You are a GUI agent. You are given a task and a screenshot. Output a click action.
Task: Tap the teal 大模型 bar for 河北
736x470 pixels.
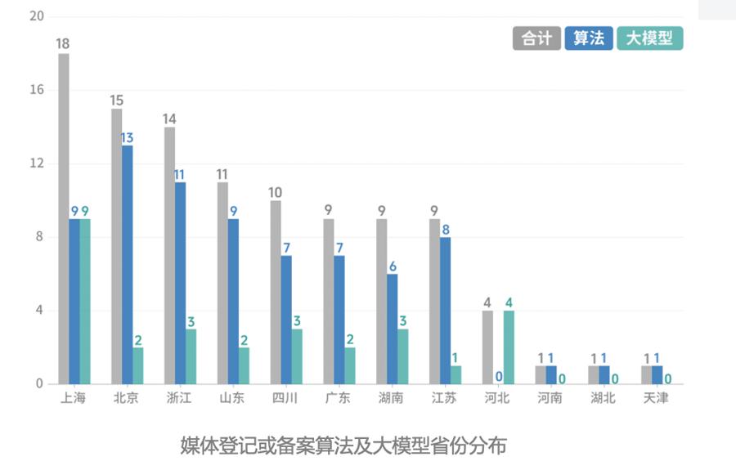[x=509, y=347]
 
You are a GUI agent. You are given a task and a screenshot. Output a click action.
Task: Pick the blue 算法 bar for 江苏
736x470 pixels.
[x=445, y=311]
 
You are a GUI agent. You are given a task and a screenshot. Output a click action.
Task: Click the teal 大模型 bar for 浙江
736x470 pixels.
[x=191, y=356]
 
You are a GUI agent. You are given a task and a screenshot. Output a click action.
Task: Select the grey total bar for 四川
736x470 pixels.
[x=276, y=292]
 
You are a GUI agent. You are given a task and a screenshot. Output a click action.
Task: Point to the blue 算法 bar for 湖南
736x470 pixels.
[x=392, y=329]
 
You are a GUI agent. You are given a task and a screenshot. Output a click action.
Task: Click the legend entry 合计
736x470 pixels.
[x=536, y=38]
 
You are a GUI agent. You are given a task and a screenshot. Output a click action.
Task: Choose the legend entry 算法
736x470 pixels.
[x=588, y=38]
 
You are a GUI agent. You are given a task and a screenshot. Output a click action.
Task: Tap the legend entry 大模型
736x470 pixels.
[x=649, y=38]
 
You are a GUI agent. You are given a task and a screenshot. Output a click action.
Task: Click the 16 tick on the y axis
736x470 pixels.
[x=37, y=90]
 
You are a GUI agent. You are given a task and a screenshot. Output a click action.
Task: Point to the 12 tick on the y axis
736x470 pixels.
[x=37, y=163]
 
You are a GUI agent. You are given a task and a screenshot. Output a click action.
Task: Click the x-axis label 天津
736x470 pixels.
[x=656, y=399]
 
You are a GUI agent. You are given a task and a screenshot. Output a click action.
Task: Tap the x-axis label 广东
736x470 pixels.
[x=338, y=399]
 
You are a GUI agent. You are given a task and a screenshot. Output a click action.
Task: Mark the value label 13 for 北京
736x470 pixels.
[x=127, y=137]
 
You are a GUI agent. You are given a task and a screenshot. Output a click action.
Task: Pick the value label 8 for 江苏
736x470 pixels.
[x=446, y=230]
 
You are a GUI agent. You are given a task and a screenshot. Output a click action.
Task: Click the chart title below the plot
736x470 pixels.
[x=343, y=445]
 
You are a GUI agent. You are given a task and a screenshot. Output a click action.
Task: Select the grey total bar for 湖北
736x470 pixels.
[x=594, y=374]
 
